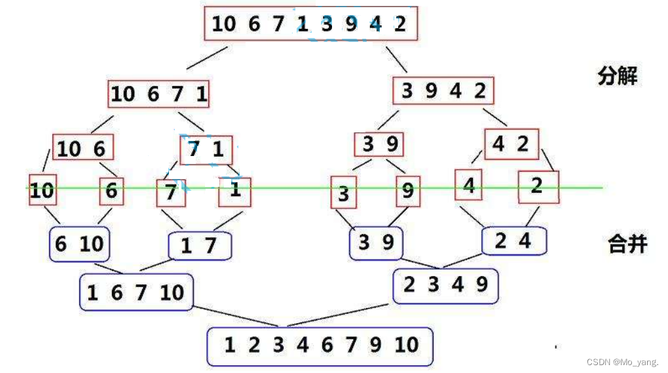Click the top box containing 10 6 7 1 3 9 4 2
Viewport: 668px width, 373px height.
pyautogui.click(x=310, y=24)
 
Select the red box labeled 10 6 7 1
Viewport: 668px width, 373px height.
pyautogui.click(x=158, y=94)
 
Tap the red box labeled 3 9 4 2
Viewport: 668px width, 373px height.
pyautogui.click(x=443, y=91)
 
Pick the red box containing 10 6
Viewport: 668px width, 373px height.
pyautogui.click(x=82, y=148)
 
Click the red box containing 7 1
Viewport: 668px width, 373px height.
pyautogui.click(x=206, y=150)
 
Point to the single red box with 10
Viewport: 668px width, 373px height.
pyautogui.click(x=41, y=191)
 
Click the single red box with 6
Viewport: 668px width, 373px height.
pyautogui.click(x=111, y=191)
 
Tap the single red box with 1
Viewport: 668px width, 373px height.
pyautogui.click(x=234, y=191)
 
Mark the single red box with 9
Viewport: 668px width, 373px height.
pyautogui.click(x=407, y=191)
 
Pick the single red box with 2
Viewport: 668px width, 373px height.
pyautogui.click(x=538, y=187)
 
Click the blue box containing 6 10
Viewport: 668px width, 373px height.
pyautogui.click(x=79, y=245)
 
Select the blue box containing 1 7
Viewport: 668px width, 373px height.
pyautogui.click(x=200, y=246)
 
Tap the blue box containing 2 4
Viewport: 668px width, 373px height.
pyautogui.click(x=513, y=241)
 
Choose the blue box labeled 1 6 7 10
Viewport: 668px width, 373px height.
pyautogui.click(x=136, y=292)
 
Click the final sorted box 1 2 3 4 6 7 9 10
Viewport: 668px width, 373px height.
pyautogui.click(x=320, y=345)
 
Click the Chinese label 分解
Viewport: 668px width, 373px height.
pyautogui.click(x=617, y=77)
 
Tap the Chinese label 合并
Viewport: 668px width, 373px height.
pyautogui.click(x=627, y=245)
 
